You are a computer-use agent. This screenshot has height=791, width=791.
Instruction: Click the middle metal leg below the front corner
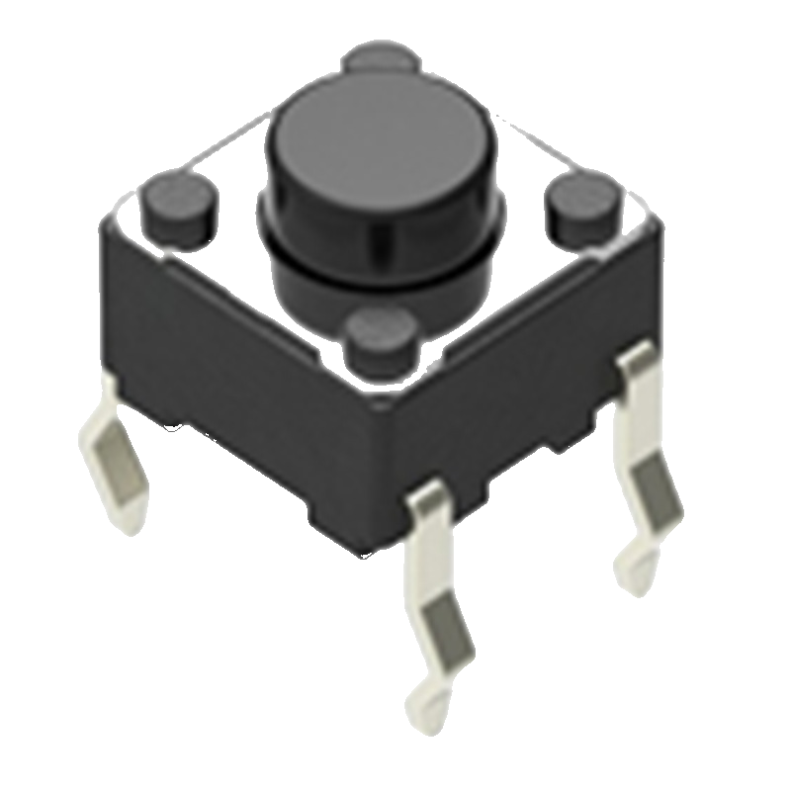pos(435,593)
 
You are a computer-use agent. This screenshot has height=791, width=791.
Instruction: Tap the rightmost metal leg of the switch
pos(648,465)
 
